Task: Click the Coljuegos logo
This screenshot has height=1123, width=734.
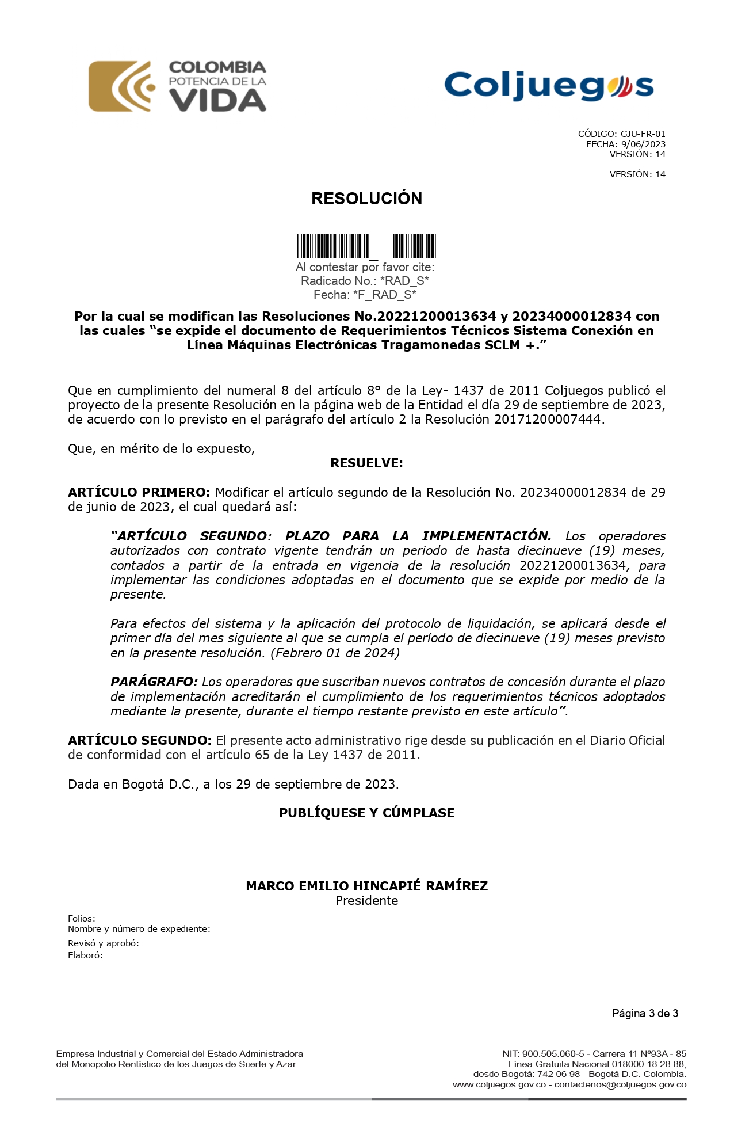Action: (x=549, y=86)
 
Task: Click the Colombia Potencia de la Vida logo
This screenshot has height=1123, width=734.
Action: (x=177, y=86)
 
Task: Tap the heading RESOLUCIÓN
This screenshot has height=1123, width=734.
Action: (x=366, y=199)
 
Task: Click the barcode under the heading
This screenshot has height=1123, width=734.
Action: (x=366, y=246)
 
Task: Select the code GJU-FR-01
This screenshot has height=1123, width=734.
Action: (x=643, y=134)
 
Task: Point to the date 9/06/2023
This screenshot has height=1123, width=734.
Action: (x=643, y=144)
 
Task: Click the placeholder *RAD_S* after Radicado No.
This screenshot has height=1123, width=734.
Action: (x=404, y=281)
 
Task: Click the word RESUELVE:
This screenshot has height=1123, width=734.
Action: (x=366, y=463)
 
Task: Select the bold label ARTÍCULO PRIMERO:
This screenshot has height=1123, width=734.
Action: (x=139, y=493)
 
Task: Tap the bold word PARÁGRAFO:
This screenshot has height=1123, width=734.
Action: (x=154, y=682)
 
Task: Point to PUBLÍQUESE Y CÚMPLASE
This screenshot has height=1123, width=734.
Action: (x=366, y=813)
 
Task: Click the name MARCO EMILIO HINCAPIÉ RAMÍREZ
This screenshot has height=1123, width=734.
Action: (x=366, y=886)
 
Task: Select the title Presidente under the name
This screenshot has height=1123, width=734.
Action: (x=366, y=901)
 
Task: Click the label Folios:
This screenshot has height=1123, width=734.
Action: (x=82, y=919)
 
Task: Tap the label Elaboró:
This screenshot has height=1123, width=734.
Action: (x=85, y=955)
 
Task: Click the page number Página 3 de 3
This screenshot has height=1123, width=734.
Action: (x=645, y=1014)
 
